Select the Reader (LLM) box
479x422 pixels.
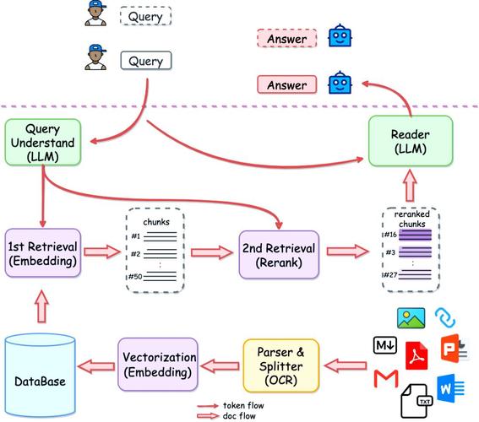coord(410,141)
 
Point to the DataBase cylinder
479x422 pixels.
coord(40,378)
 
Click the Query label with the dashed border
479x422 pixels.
coord(145,16)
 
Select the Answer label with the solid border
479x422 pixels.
coord(286,84)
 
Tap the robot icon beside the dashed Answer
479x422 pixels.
coord(339,37)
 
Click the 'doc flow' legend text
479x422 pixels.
coord(239,415)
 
